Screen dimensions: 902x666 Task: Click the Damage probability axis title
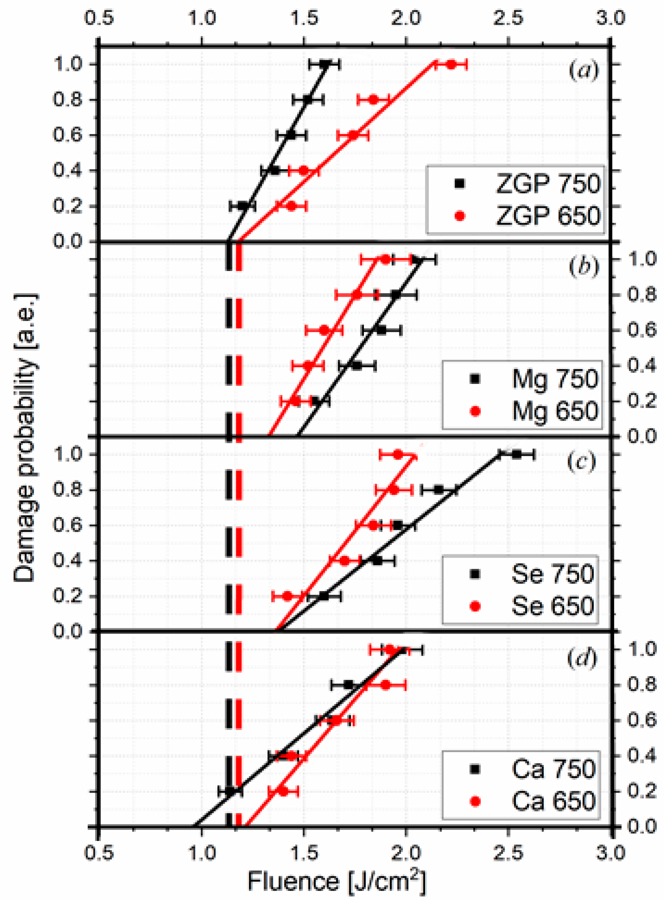click(25, 437)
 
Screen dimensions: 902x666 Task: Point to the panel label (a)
click(583, 71)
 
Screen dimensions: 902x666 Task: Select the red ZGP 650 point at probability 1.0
click(451, 64)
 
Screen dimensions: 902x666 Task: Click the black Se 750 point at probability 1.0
click(516, 454)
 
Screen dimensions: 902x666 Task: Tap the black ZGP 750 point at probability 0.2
click(242, 206)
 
